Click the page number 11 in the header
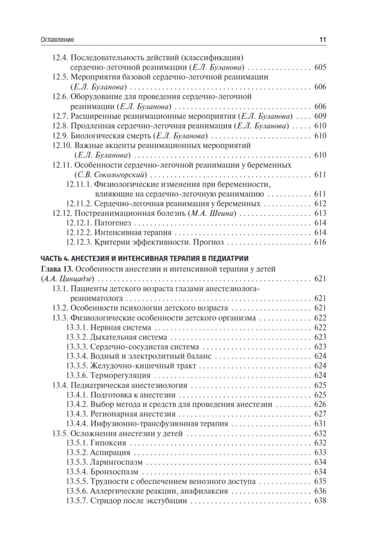323,40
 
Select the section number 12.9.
61,136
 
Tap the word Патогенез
109,223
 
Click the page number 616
320,242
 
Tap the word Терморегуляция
121,375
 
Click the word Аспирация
111,452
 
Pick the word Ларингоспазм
117,462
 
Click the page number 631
320,424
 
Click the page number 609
320,116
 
